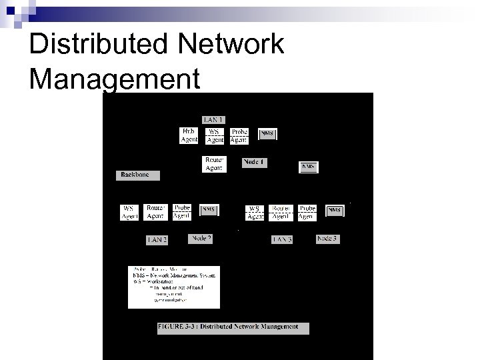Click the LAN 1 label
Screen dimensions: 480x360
click(x=213, y=119)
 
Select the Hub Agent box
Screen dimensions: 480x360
click(x=189, y=136)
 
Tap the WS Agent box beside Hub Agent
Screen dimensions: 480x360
click(x=215, y=136)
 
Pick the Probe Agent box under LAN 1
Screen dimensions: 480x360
click(x=239, y=136)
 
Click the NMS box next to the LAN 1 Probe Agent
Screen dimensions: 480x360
click(x=267, y=134)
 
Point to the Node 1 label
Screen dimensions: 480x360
click(x=254, y=162)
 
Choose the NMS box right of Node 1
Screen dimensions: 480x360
click(x=309, y=166)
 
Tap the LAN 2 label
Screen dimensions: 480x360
click(x=157, y=239)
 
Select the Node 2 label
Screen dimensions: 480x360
click(x=201, y=238)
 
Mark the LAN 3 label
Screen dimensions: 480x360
click(x=282, y=239)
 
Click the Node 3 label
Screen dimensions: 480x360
click(x=327, y=238)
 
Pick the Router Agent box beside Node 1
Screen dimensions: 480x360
click(x=214, y=164)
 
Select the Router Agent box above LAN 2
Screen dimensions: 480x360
click(x=155, y=212)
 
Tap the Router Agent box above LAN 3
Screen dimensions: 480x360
click(x=281, y=212)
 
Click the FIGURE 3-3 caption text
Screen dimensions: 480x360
click(x=232, y=327)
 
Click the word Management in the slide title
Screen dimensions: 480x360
click(x=115, y=78)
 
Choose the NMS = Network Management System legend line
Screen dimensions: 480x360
click(x=174, y=275)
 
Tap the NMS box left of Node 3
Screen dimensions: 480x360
click(x=335, y=210)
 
